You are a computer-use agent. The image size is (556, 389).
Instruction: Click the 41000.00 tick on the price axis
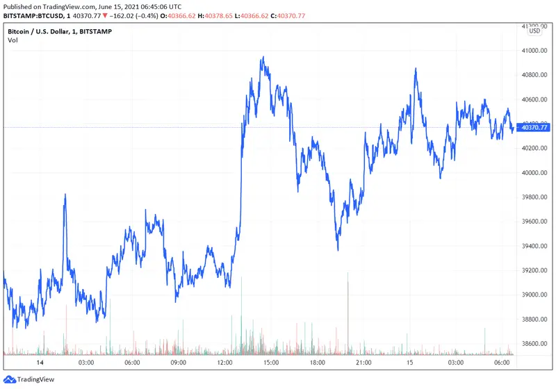534,51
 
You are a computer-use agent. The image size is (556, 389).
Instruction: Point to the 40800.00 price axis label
534,75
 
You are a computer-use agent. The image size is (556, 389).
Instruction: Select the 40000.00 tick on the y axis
534,173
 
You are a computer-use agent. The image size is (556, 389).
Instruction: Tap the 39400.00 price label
534,246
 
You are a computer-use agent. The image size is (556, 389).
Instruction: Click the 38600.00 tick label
534,344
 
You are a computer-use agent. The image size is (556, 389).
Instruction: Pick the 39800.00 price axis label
534,197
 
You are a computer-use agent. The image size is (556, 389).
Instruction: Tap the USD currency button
534,31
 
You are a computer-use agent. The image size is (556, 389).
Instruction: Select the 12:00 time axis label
224,363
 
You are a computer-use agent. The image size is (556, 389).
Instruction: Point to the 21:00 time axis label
363,363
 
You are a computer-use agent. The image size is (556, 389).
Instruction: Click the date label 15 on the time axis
410,363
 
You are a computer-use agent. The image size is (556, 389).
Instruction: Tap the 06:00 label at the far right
502,363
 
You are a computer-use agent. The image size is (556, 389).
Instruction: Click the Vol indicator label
13,40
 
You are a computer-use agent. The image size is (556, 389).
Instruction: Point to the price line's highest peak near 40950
262,58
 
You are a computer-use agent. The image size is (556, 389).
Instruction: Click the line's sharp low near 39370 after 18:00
338,249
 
